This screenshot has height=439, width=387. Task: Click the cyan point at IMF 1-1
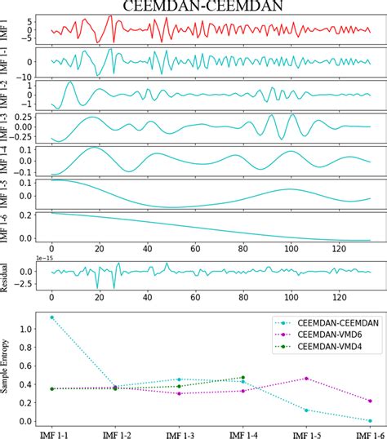click(x=51, y=317)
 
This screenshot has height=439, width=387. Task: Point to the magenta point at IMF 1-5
click(x=306, y=379)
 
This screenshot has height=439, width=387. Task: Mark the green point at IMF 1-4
click(x=243, y=378)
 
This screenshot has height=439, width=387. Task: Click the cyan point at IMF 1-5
click(x=306, y=410)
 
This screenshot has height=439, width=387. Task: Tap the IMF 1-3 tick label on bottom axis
click(x=179, y=432)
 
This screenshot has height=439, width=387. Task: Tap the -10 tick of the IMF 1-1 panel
click(x=24, y=78)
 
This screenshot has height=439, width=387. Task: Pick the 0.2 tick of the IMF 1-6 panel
click(x=25, y=214)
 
